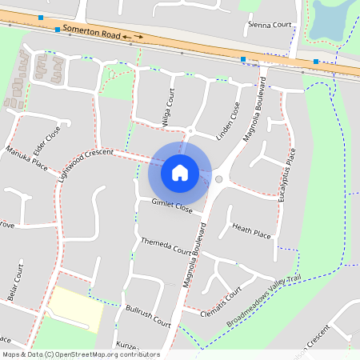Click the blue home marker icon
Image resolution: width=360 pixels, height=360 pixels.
179,172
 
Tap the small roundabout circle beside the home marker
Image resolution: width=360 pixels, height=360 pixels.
218,179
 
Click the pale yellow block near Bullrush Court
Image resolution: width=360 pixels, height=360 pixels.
77,309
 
